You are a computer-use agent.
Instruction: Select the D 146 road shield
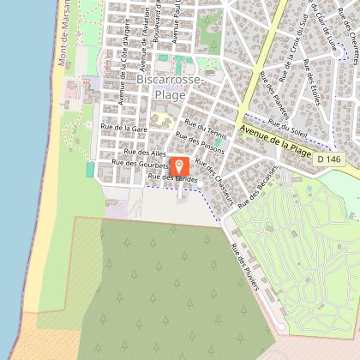coord(326,159)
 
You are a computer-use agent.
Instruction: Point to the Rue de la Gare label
coord(123,127)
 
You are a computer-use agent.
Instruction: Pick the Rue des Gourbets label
coord(136,162)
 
